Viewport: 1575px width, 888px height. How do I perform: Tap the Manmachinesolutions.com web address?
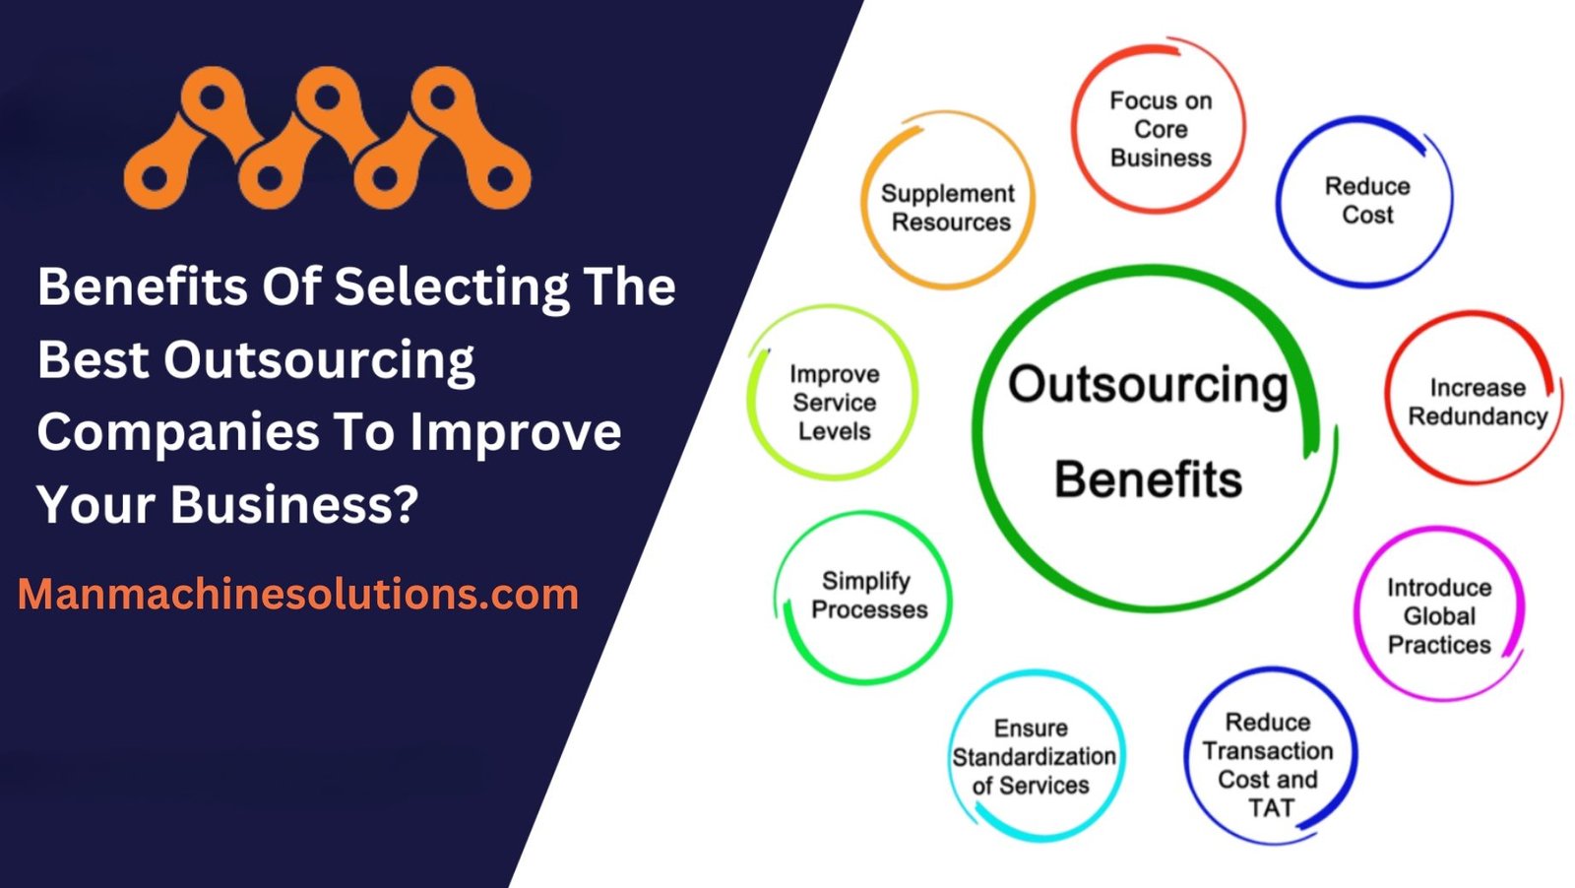[x=298, y=594]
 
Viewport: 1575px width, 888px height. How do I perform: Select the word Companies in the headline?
[x=178, y=434]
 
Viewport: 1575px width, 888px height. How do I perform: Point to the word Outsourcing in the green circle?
[x=1148, y=386]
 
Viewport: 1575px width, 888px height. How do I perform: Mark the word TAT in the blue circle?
[x=1271, y=808]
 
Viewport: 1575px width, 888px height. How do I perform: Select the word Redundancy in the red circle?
[x=1478, y=416]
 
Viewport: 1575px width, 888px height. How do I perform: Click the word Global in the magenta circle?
[x=1439, y=616]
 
